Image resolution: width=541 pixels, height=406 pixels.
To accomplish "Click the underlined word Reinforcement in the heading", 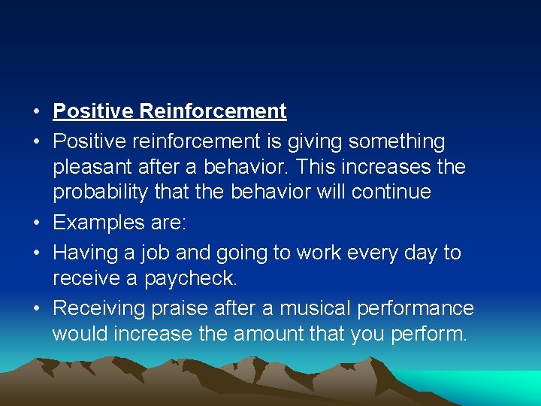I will click(x=213, y=112).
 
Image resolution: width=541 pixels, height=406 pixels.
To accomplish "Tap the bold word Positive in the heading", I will click(x=93, y=112).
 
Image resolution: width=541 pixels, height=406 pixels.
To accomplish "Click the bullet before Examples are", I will click(x=36, y=223).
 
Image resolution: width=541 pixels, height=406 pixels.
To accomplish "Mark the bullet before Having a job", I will click(x=36, y=253).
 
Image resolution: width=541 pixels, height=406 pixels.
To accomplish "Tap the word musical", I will click(x=321, y=308).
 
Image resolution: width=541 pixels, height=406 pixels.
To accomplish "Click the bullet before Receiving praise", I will click(x=36, y=309).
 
